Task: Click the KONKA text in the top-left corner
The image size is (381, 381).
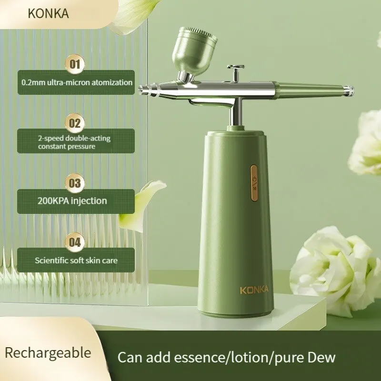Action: (48, 13)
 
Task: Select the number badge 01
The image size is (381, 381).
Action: (76, 63)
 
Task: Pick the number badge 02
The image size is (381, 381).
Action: (76, 123)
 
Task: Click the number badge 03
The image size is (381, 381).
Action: (76, 183)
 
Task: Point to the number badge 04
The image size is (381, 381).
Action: (76, 241)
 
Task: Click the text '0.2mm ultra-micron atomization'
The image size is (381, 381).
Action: (77, 82)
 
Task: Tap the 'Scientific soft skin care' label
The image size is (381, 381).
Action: (76, 260)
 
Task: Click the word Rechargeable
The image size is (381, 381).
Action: (48, 353)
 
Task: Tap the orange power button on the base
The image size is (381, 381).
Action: (254, 182)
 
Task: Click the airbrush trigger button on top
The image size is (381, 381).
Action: (235, 68)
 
